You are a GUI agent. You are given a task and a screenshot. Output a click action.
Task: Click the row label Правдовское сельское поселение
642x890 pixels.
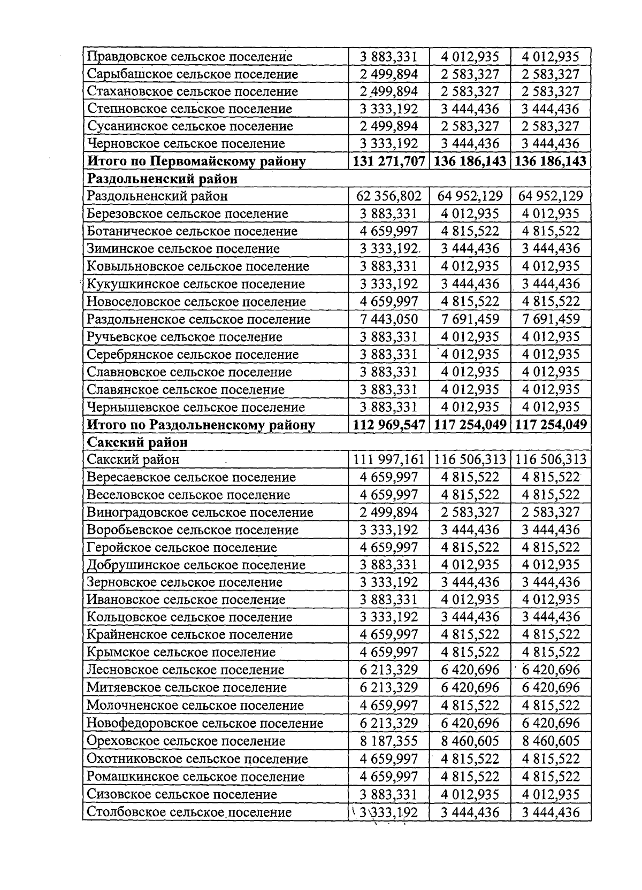[x=189, y=57]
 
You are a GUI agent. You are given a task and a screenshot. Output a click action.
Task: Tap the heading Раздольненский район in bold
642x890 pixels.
[x=162, y=179]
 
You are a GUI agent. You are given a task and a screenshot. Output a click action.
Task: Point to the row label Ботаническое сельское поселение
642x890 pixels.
[x=192, y=231]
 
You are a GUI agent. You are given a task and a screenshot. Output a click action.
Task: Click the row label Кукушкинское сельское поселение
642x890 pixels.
[x=196, y=284]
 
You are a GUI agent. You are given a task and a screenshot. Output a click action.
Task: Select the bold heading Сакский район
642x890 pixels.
[x=137, y=442]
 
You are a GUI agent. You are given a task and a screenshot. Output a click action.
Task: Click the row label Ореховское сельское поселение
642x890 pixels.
[x=186, y=741]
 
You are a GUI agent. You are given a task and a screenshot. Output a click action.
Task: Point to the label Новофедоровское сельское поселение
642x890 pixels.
[x=205, y=724]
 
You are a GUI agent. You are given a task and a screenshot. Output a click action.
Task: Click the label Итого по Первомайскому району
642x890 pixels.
[x=196, y=161]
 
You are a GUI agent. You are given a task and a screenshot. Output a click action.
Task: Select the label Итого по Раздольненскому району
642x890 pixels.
[x=201, y=425]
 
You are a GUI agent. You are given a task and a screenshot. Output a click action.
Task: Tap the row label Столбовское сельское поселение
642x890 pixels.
[x=189, y=812]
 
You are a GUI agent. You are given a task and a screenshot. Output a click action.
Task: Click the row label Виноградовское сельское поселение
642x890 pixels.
[x=200, y=512]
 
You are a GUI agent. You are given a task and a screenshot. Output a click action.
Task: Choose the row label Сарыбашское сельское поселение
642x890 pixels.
[x=192, y=74]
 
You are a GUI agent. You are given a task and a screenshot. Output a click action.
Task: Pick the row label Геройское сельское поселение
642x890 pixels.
[x=182, y=548]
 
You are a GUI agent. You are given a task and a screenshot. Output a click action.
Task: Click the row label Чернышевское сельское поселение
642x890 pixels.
[x=196, y=408]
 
